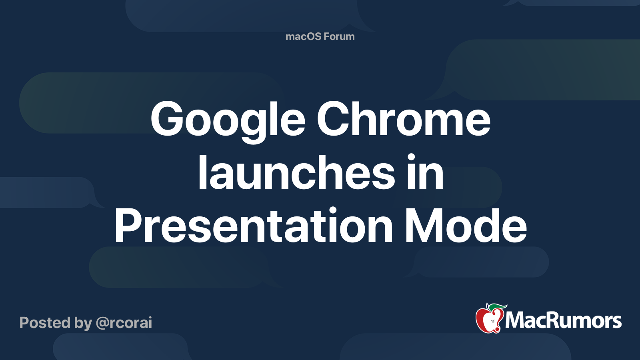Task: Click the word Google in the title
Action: point(228,119)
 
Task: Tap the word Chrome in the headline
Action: point(404,119)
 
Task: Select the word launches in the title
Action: point(296,173)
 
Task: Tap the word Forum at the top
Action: point(339,36)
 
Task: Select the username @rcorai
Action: point(124,323)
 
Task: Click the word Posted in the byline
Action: point(45,323)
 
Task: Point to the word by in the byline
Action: point(83,323)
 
